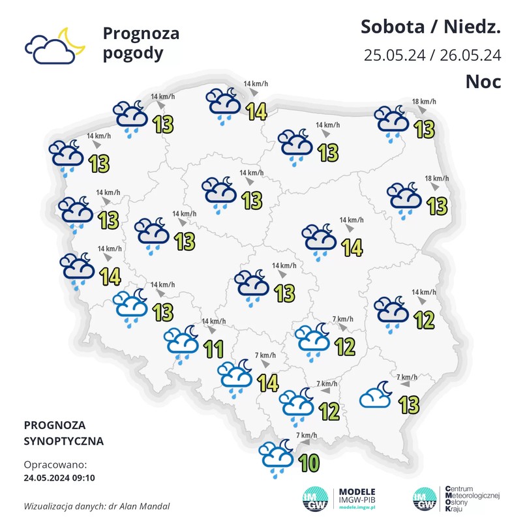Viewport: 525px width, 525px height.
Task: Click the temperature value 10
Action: pyautogui.click(x=309, y=463)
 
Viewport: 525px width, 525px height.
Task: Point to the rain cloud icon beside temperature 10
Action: pyautogui.click(x=276, y=453)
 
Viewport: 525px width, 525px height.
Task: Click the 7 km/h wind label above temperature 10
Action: pyautogui.click(x=307, y=435)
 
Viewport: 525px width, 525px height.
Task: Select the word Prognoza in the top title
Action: pyautogui.click(x=141, y=33)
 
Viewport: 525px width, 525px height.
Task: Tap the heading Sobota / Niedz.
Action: pyautogui.click(x=430, y=28)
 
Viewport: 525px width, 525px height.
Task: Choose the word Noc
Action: pyautogui.click(x=483, y=82)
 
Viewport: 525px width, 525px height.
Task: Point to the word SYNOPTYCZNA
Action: pyautogui.click(x=63, y=441)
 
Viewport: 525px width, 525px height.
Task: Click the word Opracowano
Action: pyautogui.click(x=54, y=465)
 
